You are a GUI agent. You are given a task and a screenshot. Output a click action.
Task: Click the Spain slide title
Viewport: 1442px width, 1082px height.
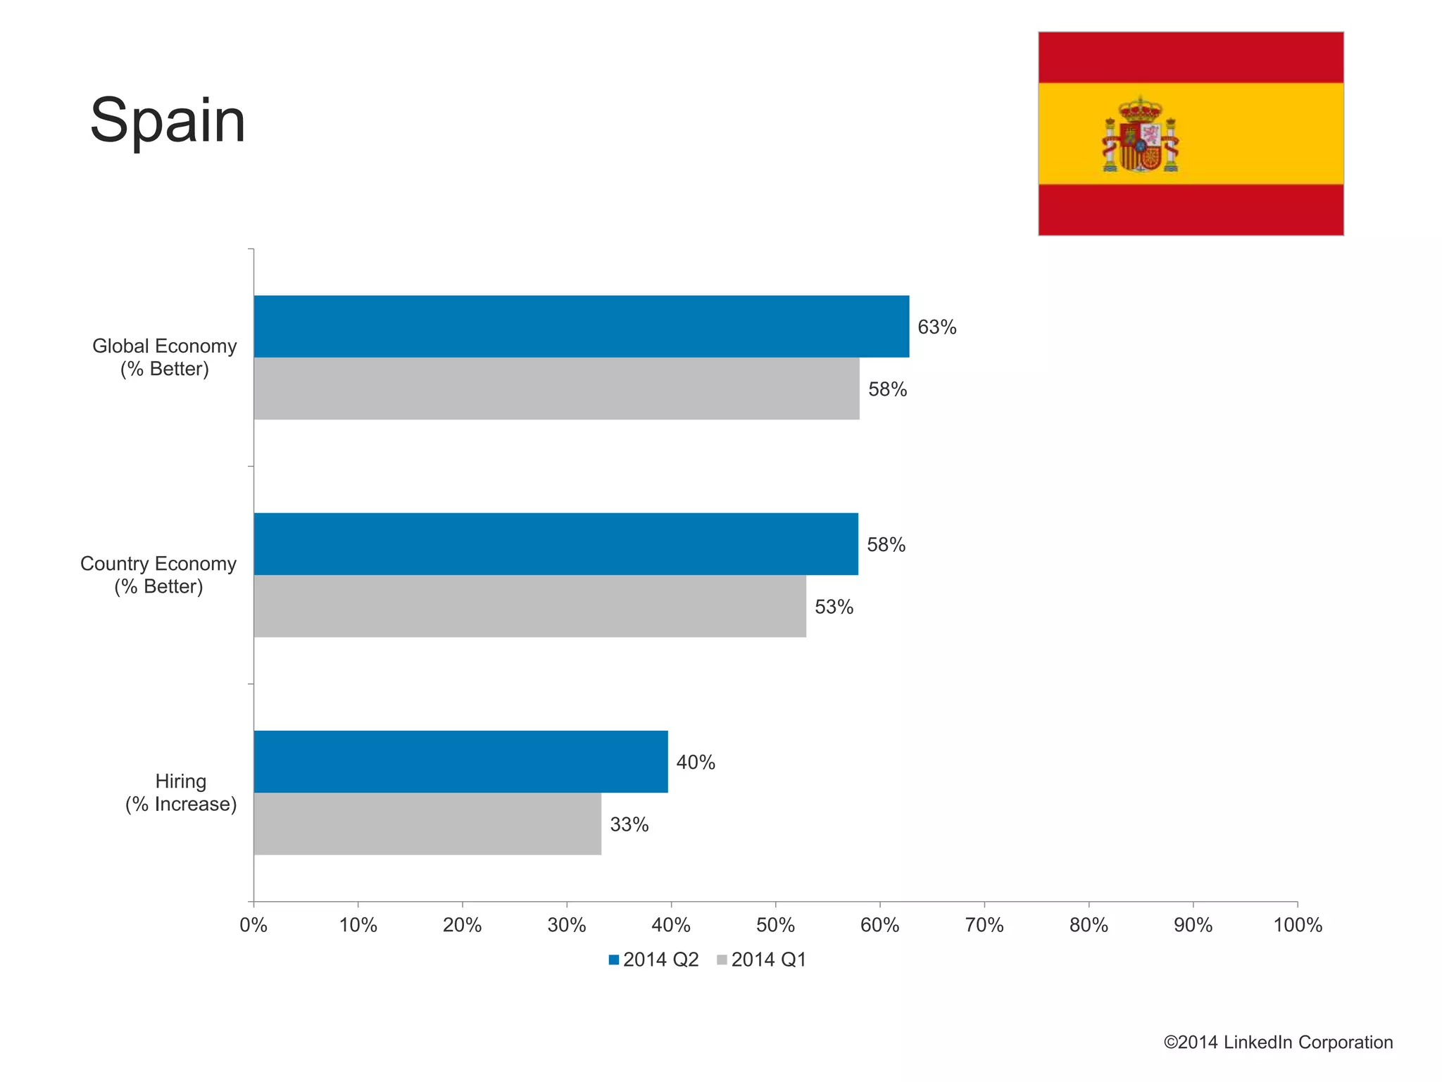point(168,121)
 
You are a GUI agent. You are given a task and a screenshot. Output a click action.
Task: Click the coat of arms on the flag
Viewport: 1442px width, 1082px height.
point(1140,135)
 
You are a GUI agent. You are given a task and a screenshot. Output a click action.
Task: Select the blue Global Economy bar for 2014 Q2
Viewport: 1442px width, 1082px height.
point(581,327)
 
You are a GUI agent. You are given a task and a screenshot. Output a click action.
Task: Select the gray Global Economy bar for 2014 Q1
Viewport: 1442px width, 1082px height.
point(556,389)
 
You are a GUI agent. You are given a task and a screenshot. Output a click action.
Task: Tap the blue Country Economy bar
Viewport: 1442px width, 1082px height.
point(556,544)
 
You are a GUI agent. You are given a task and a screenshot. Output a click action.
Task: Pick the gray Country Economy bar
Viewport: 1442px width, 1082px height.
point(529,606)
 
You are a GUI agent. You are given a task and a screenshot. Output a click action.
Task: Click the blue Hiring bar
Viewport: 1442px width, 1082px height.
point(460,762)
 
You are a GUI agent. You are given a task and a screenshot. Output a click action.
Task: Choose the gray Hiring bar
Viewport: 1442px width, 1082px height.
point(427,824)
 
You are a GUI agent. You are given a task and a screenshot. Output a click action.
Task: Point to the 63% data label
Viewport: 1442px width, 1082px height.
point(936,327)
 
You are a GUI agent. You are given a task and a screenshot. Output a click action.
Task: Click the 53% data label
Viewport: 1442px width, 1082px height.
point(834,607)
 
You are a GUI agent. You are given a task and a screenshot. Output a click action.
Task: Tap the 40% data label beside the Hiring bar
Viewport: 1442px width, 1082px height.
point(696,762)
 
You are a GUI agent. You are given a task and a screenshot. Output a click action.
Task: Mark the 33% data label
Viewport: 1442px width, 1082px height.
point(629,824)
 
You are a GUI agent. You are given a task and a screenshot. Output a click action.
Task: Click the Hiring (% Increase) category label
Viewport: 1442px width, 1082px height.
point(181,793)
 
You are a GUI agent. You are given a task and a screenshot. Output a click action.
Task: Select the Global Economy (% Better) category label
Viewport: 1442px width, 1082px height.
point(165,358)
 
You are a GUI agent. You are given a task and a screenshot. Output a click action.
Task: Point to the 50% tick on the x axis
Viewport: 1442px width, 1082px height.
point(775,925)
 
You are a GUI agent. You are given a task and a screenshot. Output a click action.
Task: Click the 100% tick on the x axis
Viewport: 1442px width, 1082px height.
point(1297,925)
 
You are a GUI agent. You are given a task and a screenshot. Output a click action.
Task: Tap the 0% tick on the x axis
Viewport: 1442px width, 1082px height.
point(253,925)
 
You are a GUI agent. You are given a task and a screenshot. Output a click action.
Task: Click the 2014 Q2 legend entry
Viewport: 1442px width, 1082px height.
point(653,960)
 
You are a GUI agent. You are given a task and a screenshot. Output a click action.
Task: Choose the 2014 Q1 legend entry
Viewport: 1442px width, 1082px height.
point(761,960)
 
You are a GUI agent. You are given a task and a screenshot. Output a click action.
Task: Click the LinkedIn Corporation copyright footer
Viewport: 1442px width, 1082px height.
point(1277,1043)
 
